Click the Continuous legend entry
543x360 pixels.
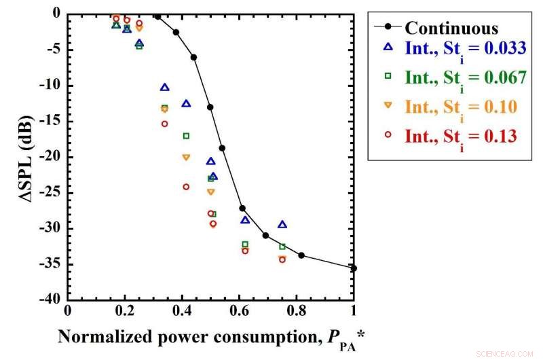pos(451,29)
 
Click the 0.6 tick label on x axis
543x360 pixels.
pos(239,311)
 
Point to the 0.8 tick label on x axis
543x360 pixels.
pos(297,311)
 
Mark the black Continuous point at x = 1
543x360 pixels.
pos(354,268)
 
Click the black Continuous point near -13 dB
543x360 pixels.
pos(210,107)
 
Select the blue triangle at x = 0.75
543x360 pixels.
pos(282,224)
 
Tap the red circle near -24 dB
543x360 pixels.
pos(186,187)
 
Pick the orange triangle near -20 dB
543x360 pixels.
pos(186,158)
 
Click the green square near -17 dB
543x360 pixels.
pos(186,136)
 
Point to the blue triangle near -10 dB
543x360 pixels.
pos(164,88)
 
